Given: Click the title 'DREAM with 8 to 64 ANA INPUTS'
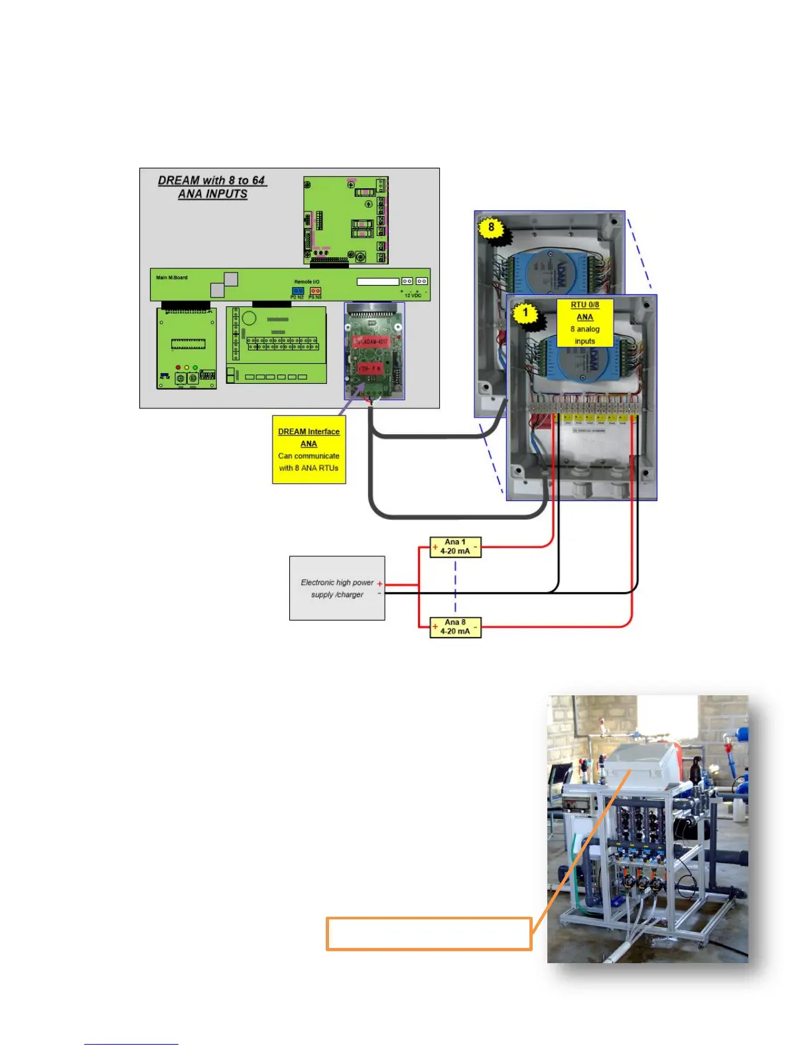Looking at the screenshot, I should (212, 187).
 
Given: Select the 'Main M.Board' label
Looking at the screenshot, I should (172, 278).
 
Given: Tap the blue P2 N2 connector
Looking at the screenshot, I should (298, 290).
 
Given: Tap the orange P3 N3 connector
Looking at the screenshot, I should (316, 290).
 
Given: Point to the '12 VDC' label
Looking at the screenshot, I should (413, 296).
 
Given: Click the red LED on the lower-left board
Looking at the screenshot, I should (178, 367).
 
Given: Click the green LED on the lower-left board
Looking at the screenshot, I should (194, 367).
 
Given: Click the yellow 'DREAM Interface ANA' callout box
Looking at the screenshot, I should (309, 449).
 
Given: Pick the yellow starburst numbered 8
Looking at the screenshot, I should (491, 228).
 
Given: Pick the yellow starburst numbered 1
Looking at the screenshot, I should (526, 313).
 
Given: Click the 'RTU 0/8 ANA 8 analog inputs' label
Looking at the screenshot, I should (584, 323).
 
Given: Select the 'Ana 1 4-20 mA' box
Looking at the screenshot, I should (455, 547).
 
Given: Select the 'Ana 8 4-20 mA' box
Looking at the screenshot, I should (455, 627).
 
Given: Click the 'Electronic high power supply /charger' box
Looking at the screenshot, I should (337, 589).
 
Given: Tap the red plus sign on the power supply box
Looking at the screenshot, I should (379, 584).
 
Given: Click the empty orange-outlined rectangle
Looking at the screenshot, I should (429, 934).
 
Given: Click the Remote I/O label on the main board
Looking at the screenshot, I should (307, 282).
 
